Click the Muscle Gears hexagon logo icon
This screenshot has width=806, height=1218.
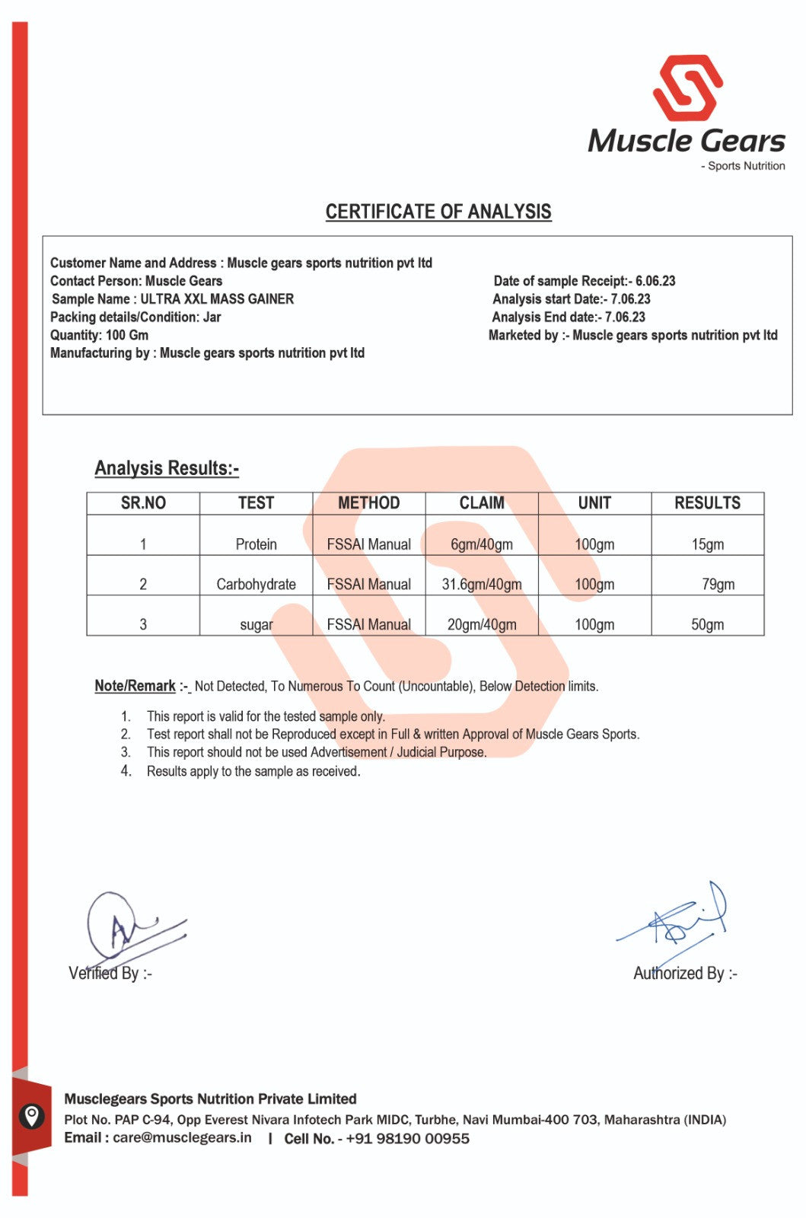point(687,88)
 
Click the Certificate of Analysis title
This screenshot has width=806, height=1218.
point(438,212)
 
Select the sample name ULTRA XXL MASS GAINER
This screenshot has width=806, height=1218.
point(217,299)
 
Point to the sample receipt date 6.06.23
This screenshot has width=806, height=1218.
point(655,281)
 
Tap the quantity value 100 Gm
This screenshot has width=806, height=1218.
point(127,335)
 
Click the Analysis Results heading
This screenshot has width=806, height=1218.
point(167,468)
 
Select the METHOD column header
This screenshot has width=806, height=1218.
point(369,503)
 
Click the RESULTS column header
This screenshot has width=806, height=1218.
point(707,503)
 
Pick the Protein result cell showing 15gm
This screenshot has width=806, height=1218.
point(707,544)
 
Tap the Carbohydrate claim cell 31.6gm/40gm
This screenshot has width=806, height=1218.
point(482,585)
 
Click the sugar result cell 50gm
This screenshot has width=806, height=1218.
point(707,625)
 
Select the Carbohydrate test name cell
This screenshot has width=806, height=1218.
point(256,585)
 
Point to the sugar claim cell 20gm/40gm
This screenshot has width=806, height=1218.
point(482,625)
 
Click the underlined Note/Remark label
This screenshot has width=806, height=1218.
point(135,686)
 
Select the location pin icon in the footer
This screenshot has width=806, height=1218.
point(30,1117)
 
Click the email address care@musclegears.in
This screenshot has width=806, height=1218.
point(182,1138)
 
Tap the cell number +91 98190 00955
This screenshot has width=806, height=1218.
point(407,1139)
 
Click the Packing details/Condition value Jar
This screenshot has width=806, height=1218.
point(212,317)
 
